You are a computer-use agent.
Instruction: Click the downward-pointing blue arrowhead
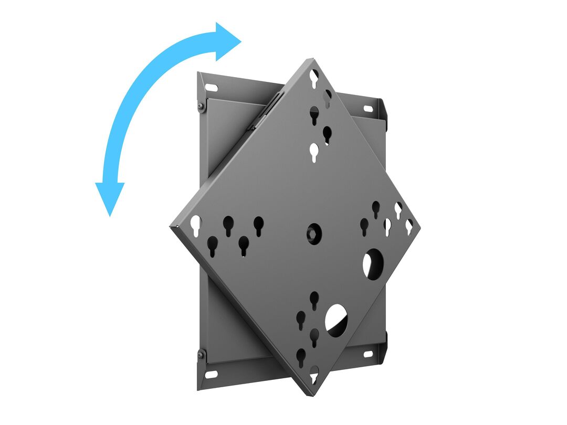coord(110,197)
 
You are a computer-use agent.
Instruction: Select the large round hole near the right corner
coord(373,263)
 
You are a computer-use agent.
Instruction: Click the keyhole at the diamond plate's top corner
coord(313,79)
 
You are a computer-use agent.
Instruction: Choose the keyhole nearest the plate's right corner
coord(409,226)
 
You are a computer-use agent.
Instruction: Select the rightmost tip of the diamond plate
coord(420,227)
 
